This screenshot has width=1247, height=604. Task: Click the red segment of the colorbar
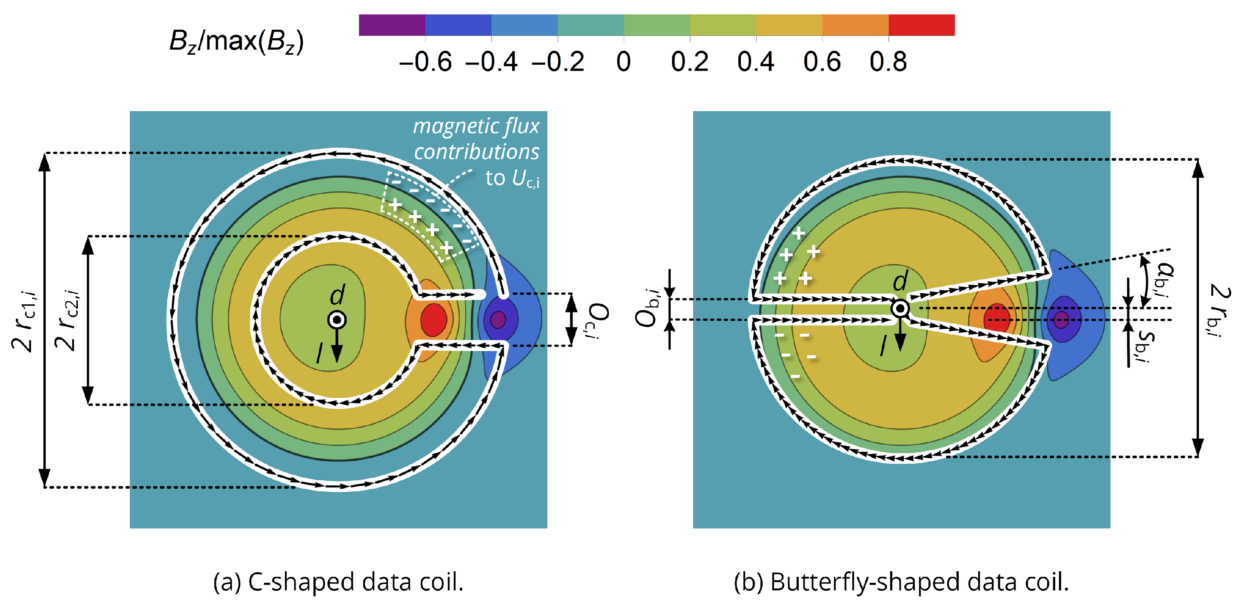(921, 25)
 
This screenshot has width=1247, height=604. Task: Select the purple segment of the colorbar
(392, 25)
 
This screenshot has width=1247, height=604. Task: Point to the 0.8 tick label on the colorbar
(888, 62)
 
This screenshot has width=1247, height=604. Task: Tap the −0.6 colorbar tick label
(425, 62)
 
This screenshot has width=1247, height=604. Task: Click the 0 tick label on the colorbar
(623, 62)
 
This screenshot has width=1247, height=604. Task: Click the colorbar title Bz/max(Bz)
(236, 42)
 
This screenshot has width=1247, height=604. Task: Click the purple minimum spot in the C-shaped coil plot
(498, 319)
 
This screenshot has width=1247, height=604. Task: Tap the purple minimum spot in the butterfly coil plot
(1061, 319)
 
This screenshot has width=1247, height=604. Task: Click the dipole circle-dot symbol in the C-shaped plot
(337, 320)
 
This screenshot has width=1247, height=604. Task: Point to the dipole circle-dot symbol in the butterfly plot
(900, 308)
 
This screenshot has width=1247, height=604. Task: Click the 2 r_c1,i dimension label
(24, 321)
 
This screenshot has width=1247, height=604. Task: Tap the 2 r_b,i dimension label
(1219, 310)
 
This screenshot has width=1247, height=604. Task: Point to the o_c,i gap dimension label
(598, 320)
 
